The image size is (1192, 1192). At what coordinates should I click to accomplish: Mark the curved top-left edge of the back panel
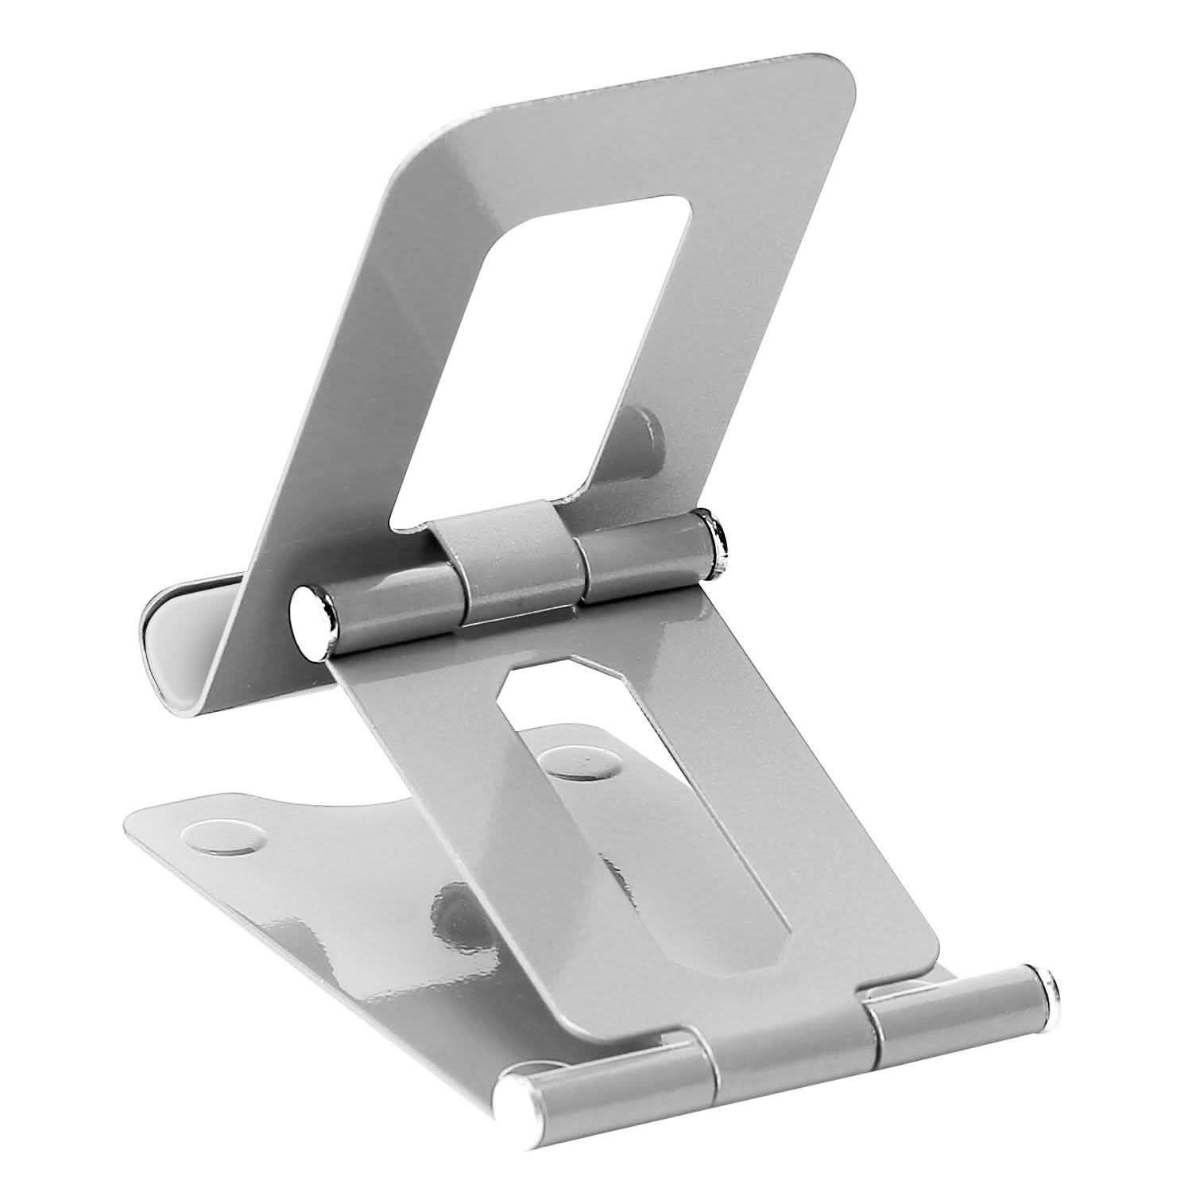[421, 151]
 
